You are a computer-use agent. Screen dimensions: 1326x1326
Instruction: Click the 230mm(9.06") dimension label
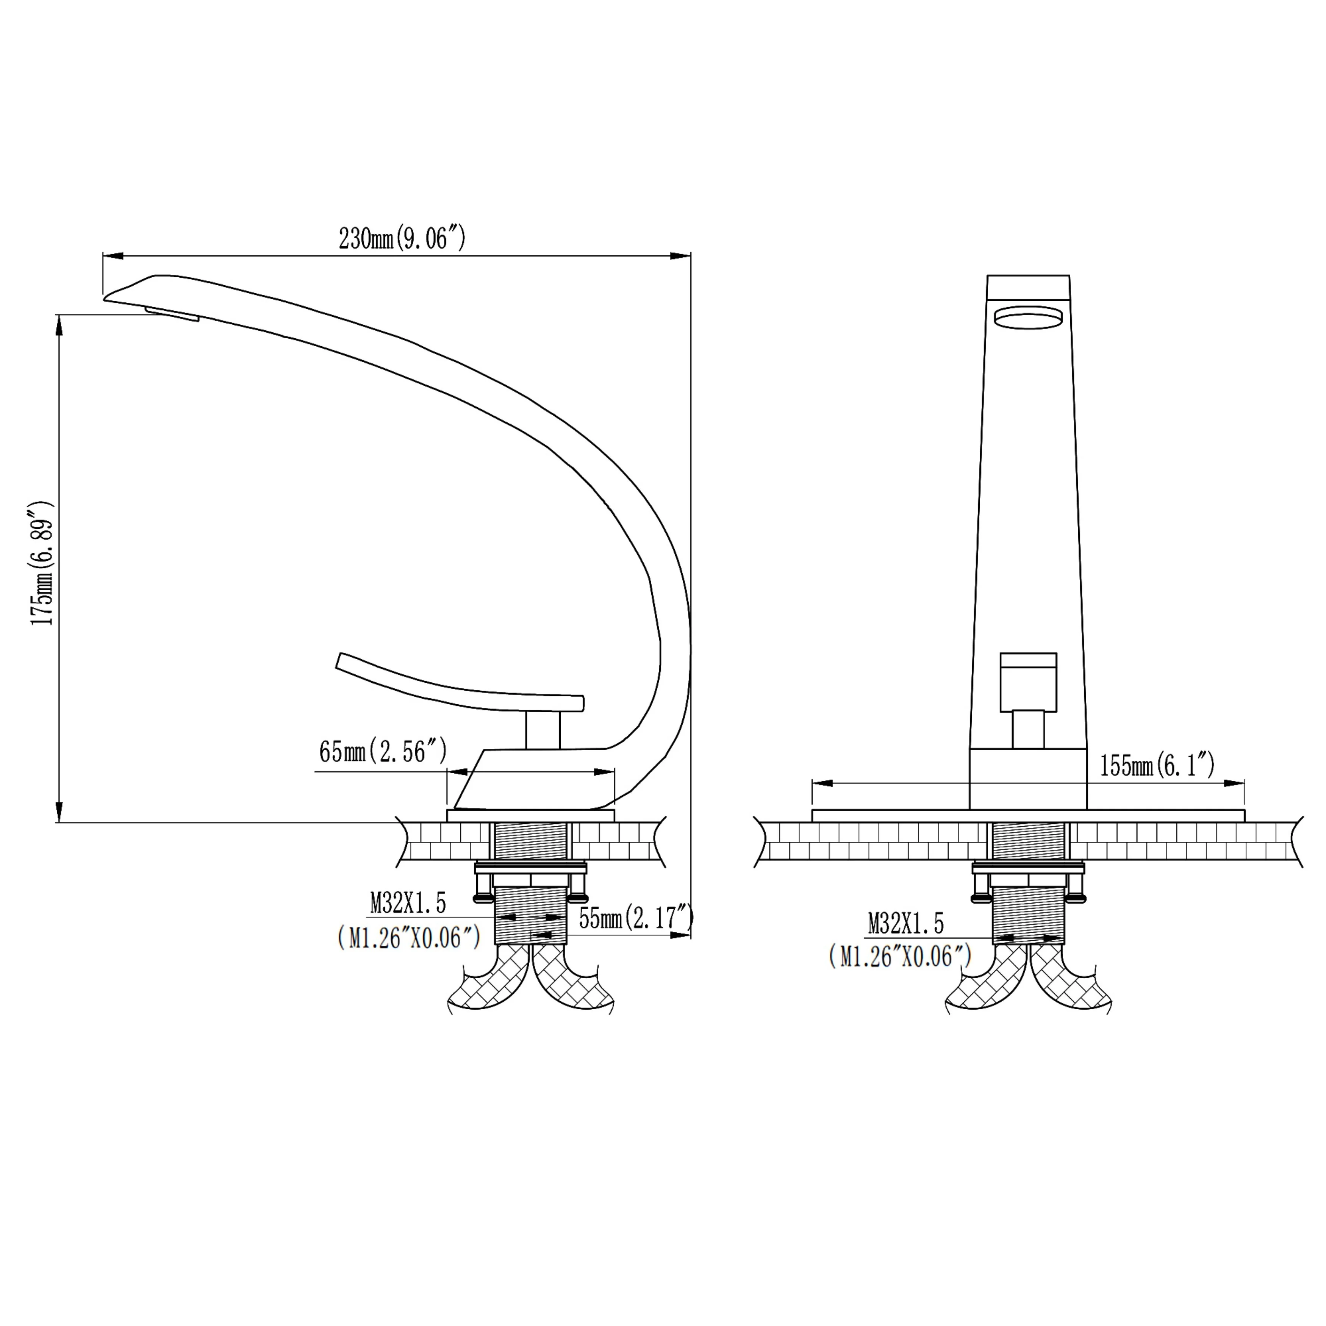click(x=402, y=238)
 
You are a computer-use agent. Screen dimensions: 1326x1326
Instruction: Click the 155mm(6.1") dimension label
click(x=1157, y=765)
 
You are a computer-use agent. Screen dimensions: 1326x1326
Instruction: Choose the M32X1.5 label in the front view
click(x=906, y=923)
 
